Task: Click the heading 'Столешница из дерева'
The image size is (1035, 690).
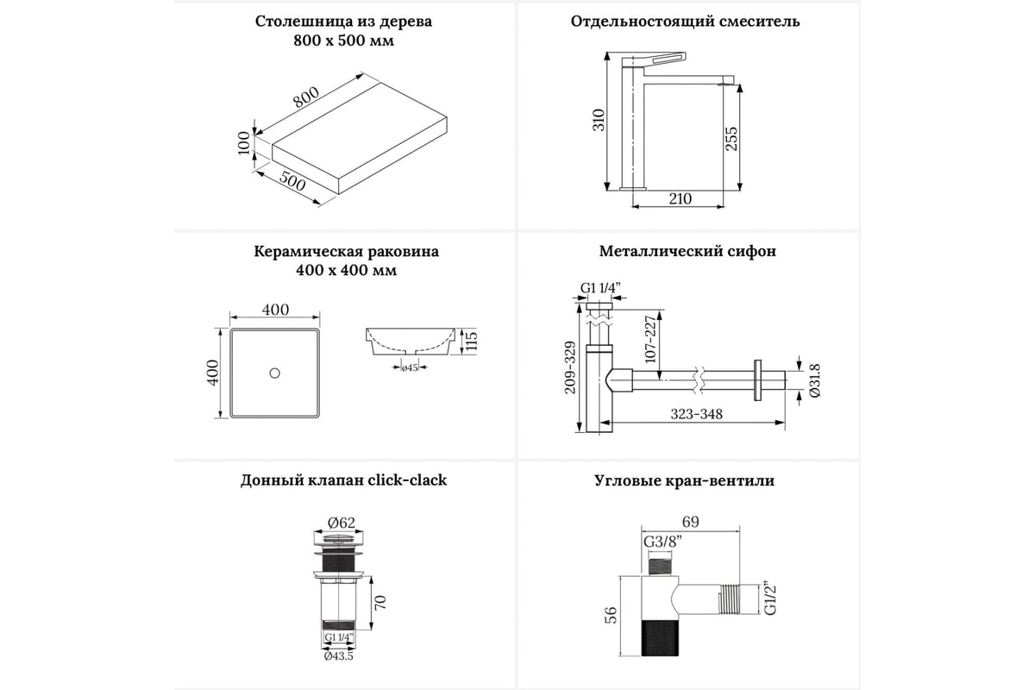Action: (x=343, y=22)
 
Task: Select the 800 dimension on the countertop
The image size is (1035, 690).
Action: (x=305, y=99)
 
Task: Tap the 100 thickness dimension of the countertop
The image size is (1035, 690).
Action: (x=244, y=141)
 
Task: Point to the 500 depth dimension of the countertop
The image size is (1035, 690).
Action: (x=293, y=182)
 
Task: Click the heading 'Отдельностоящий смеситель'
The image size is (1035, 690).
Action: (x=685, y=22)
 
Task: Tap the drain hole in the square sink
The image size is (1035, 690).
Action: (x=274, y=373)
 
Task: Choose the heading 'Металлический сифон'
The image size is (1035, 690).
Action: (x=687, y=252)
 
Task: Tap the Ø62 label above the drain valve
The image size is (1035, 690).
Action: (x=342, y=520)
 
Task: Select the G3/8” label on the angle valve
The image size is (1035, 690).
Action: (x=661, y=541)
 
